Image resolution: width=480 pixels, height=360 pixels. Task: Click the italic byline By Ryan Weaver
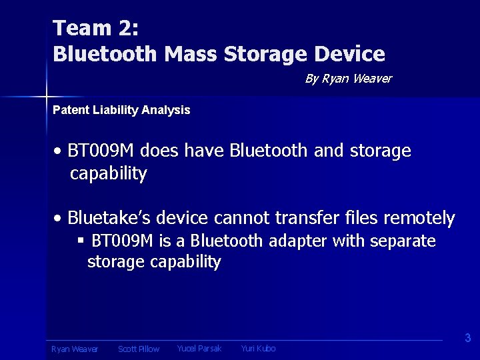coord(348,79)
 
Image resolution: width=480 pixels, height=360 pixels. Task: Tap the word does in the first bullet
coord(160,151)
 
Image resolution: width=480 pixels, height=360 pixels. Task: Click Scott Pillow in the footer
coord(139,349)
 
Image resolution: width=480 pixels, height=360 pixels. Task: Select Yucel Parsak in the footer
coord(199,349)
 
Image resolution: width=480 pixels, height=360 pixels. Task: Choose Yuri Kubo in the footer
coord(258,349)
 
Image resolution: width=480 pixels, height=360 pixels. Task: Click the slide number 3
coord(467,338)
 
